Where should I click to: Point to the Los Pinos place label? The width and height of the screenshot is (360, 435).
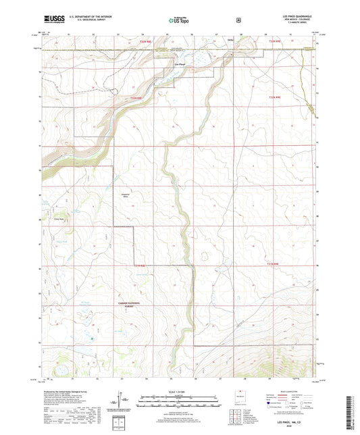pyautogui.click(x=180, y=65)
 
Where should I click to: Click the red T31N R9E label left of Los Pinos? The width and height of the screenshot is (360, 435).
pyautogui.click(x=137, y=99)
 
